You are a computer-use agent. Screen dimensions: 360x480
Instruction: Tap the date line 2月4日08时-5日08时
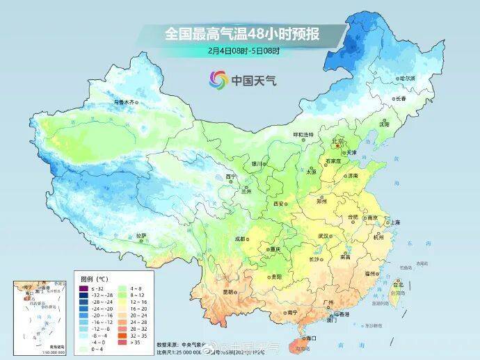tap(241, 50)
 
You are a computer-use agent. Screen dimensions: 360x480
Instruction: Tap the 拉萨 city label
tap(141, 236)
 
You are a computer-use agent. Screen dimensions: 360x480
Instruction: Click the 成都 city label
tap(240, 238)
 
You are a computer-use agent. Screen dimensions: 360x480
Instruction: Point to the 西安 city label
tap(279, 204)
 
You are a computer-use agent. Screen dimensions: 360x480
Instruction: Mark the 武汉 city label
tap(322, 236)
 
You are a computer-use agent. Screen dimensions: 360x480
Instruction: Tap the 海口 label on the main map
tap(311, 337)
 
